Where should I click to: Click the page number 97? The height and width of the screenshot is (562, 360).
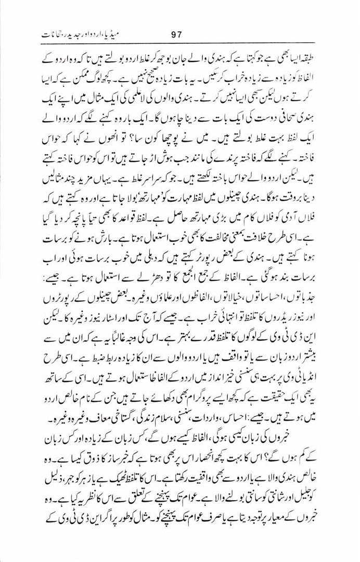[178, 35]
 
